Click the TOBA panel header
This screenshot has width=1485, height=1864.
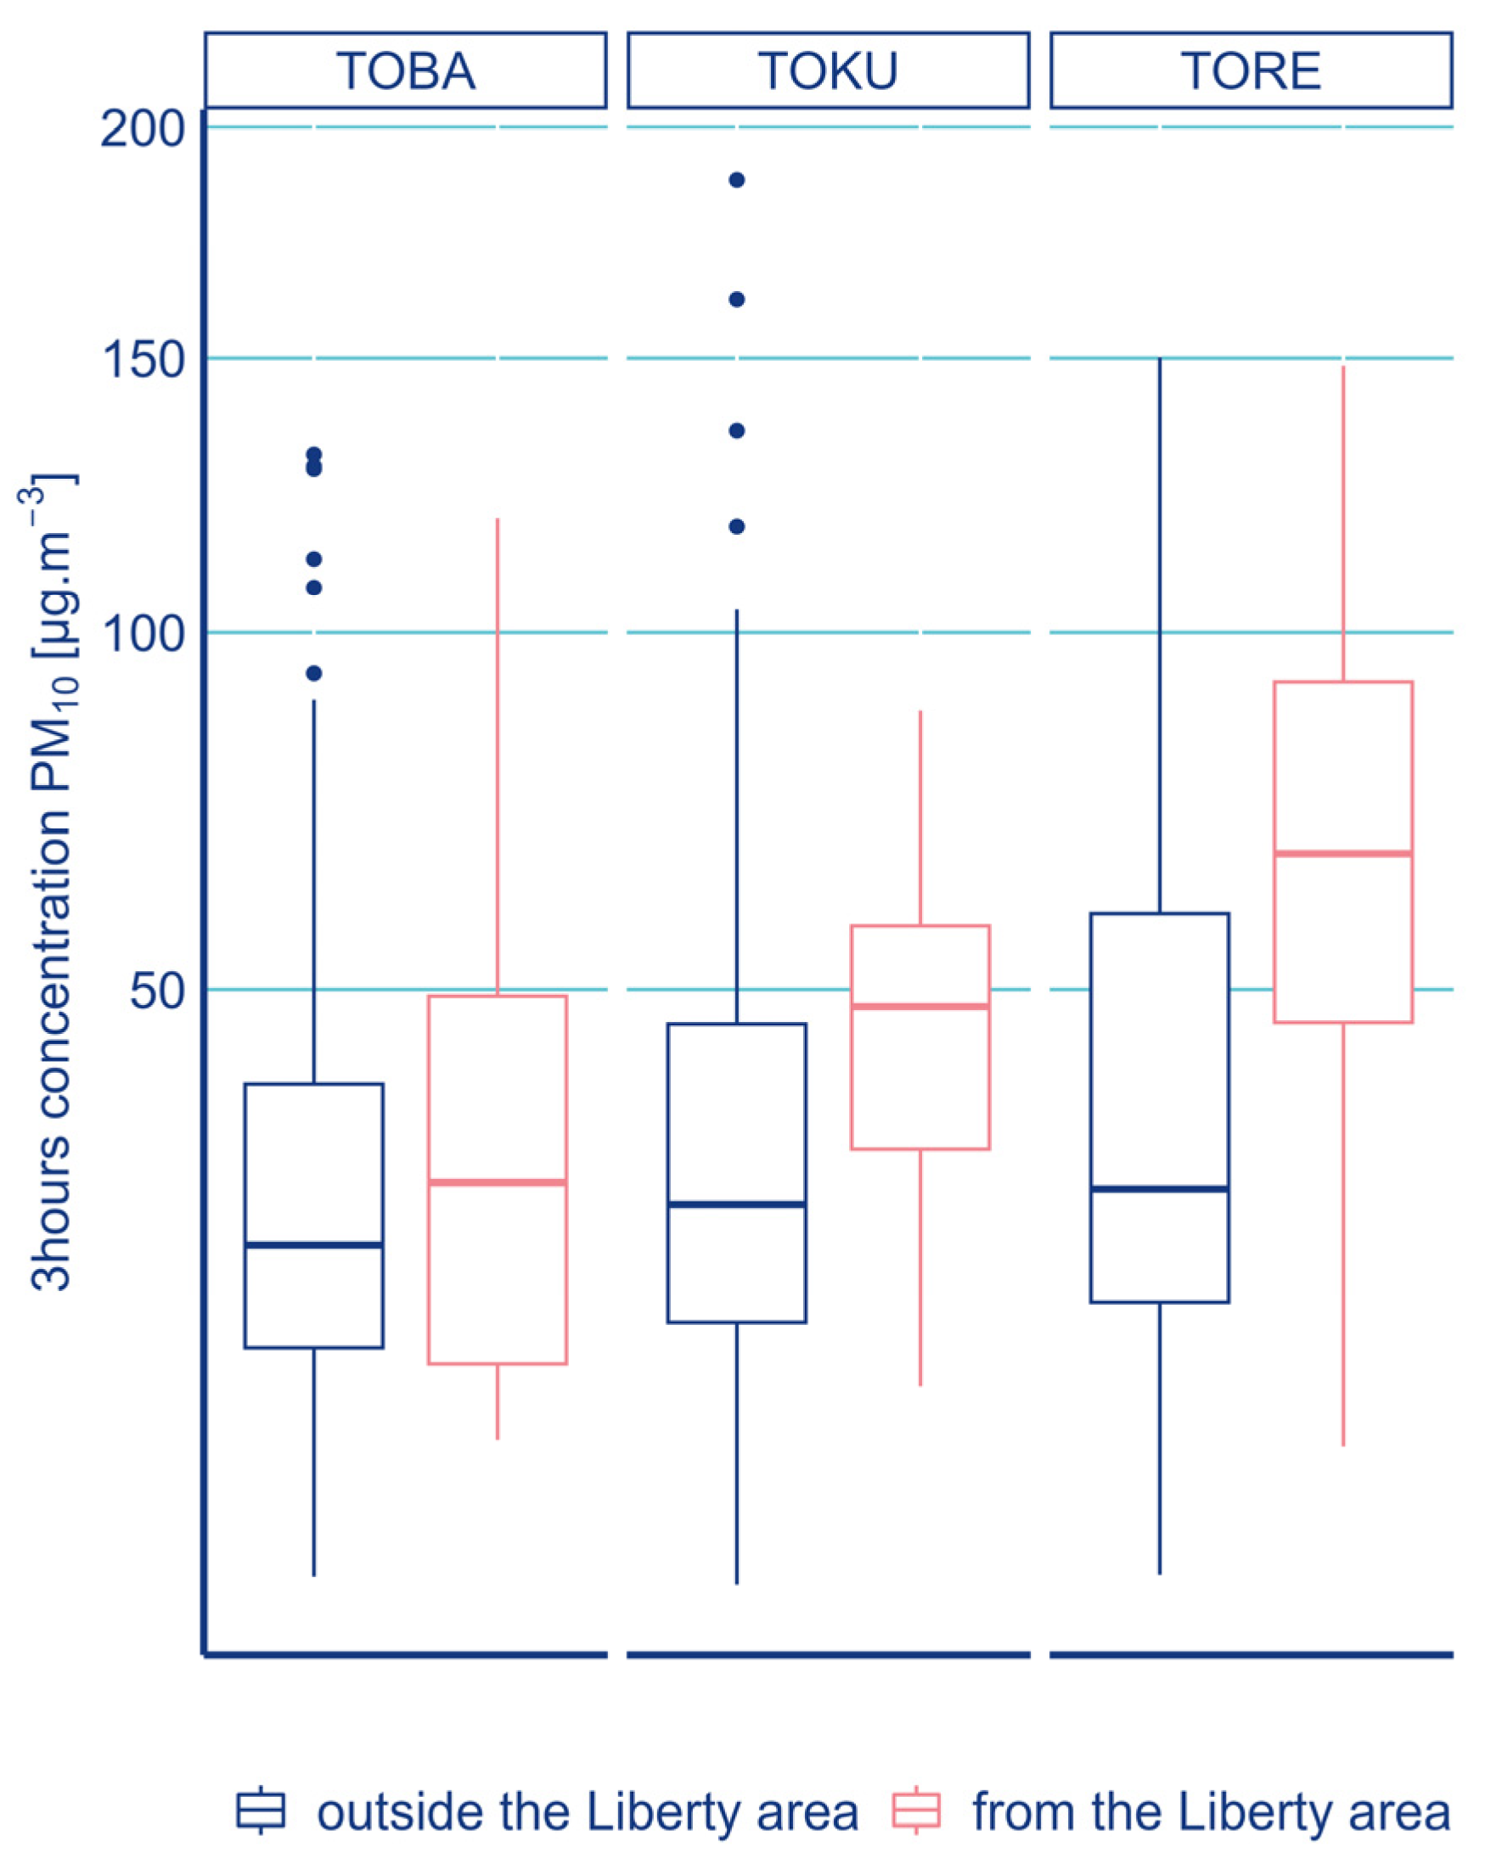tap(406, 70)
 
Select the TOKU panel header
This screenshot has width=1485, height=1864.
tap(828, 70)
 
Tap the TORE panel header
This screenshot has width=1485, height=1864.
tap(1251, 70)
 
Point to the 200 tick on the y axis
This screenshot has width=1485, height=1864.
tap(143, 130)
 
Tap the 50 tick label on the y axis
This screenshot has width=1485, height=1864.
tap(157, 990)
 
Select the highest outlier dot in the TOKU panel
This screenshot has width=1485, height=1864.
tap(737, 180)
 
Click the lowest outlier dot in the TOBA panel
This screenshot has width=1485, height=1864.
tap(314, 673)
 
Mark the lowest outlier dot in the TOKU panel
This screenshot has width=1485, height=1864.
tap(737, 526)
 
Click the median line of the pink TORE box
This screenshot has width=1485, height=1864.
tap(1342, 853)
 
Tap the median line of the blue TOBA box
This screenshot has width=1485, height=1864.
tap(314, 1245)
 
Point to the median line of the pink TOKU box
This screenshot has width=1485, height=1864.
tap(920, 1007)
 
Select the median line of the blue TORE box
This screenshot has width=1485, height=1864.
tap(1159, 1189)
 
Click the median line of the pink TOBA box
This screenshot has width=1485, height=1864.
tap(498, 1182)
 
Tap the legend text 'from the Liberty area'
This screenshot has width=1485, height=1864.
tap(1211, 1811)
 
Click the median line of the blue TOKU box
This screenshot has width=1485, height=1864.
tap(737, 1204)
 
